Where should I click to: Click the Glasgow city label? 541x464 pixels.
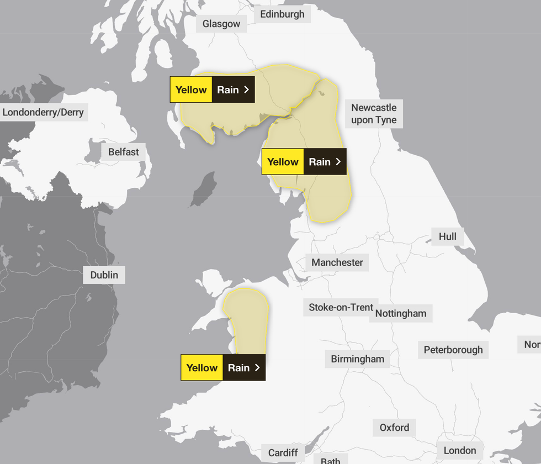tap(221, 24)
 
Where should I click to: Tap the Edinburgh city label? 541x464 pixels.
tap(282, 14)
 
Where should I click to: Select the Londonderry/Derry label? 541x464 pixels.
tap(43, 113)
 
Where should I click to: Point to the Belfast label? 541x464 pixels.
tap(123, 152)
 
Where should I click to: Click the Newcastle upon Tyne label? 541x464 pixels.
tap(374, 114)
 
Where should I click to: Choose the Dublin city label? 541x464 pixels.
tap(104, 275)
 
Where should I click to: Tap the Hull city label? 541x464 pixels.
tap(447, 236)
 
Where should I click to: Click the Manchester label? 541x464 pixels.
tap(337, 262)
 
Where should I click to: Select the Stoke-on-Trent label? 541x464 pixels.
tap(341, 307)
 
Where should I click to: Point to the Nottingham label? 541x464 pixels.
tap(401, 313)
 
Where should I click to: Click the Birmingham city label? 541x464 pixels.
tap(357, 359)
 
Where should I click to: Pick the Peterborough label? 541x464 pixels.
tap(453, 350)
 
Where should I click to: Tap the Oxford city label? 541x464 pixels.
tap(394, 428)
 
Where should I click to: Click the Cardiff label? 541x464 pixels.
tap(283, 453)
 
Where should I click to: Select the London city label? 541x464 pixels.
tap(459, 450)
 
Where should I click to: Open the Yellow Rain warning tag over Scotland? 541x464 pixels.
tap(212, 89)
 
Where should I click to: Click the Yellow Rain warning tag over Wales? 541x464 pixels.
tap(223, 367)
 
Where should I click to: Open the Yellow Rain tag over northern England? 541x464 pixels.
tap(304, 162)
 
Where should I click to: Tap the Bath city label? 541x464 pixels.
tap(331, 460)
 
